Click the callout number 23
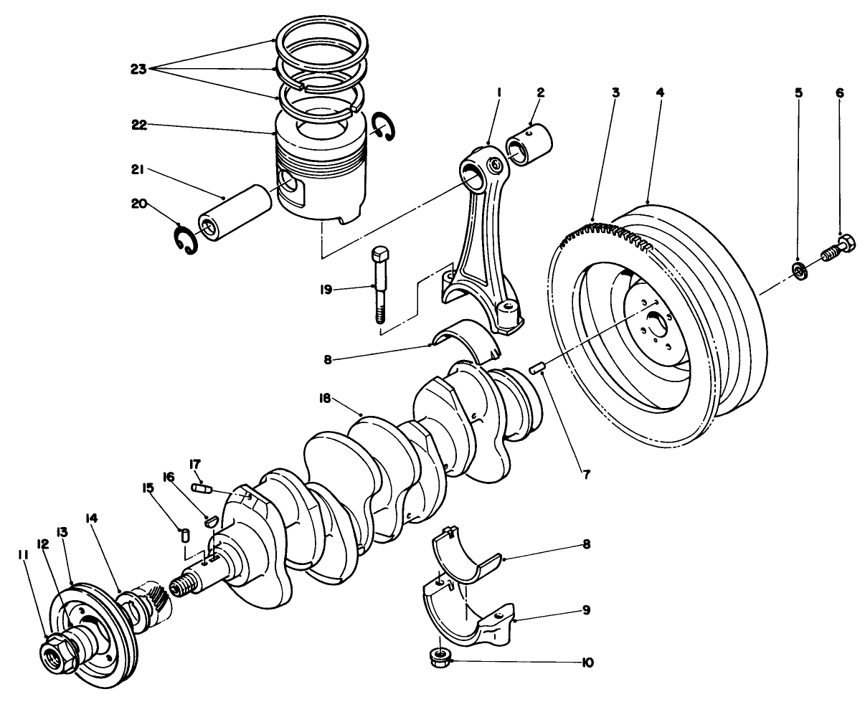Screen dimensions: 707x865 click(138, 70)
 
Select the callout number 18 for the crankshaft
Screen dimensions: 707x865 click(325, 399)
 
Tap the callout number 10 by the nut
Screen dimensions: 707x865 click(587, 663)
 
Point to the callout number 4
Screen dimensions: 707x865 click(660, 92)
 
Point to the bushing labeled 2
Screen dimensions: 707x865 click(529, 141)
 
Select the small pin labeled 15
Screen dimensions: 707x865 click(184, 535)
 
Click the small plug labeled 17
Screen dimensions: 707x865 click(201, 489)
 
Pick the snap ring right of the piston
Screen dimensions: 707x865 click(385, 128)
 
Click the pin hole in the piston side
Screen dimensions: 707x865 click(290, 185)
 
